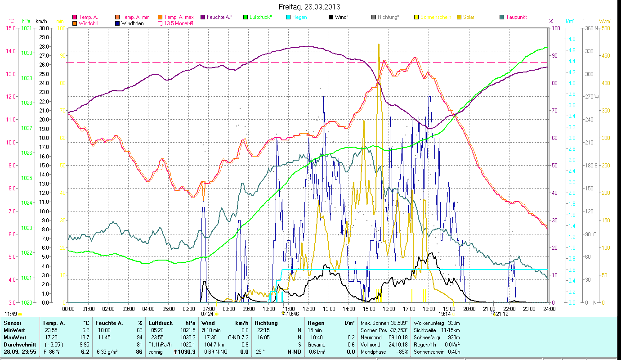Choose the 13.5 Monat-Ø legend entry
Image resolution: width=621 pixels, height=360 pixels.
pyautogui.click(x=178, y=23)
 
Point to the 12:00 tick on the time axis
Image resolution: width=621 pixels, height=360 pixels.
pyautogui.click(x=309, y=309)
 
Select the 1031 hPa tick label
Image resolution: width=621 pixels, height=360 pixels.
pyautogui.click(x=27, y=28)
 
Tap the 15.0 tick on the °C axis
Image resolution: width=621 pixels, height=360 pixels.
pyautogui.click(x=10, y=28)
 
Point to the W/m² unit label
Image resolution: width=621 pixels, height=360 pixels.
pyautogui.click(x=605, y=21)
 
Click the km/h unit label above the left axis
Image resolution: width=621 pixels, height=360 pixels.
pyautogui.click(x=41, y=21)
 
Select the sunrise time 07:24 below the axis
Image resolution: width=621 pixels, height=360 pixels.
pyautogui.click(x=207, y=314)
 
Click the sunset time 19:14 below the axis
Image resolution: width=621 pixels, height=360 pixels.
pyautogui.click(x=445, y=314)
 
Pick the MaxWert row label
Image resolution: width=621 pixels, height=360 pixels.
pyautogui.click(x=15, y=337)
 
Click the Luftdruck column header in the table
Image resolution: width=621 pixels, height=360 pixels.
pyautogui.click(x=161, y=323)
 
